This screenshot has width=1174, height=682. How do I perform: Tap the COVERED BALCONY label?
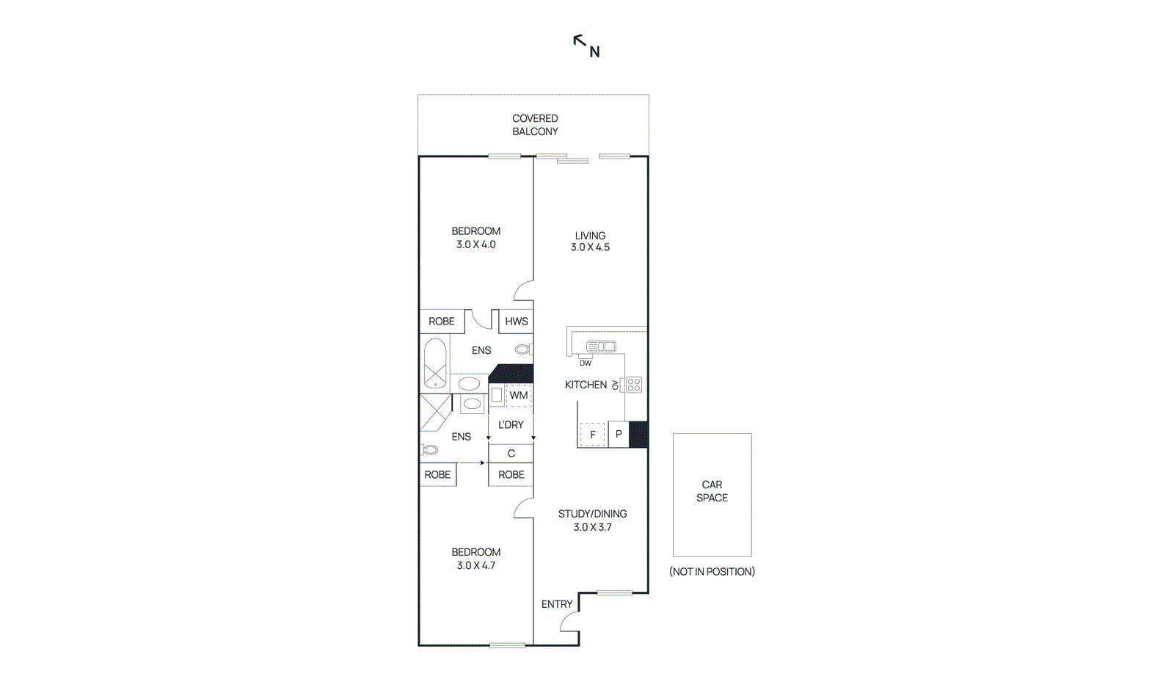pos(535,125)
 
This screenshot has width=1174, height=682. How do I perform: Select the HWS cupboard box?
pos(516,322)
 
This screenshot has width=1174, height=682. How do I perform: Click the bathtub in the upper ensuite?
pos(435,363)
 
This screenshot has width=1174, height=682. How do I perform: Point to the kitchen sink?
pos(601,347)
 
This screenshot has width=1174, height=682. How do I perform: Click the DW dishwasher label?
pos(586,363)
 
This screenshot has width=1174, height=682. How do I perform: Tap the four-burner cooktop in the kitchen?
pos(634,385)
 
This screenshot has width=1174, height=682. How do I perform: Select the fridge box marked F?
pos(592,435)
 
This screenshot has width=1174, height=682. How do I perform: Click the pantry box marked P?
pos(619,435)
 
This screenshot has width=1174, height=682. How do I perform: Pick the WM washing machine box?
pos(518,396)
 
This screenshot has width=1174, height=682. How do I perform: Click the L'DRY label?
pos(511,425)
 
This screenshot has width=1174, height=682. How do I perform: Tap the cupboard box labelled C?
pos(511,454)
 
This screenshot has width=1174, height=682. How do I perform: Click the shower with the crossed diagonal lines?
pos(435,412)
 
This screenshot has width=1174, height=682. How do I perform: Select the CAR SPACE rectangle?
pos(712,494)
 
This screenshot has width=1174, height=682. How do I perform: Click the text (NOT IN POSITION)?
pos(712,572)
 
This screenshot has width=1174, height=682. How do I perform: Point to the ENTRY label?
pos(557,604)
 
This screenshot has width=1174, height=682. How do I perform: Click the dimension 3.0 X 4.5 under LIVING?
pos(590,247)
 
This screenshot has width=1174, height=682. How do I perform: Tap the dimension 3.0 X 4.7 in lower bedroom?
pos(475,566)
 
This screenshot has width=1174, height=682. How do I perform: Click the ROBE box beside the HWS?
pos(442,322)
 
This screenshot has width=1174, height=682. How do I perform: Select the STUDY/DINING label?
pos(592,514)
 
